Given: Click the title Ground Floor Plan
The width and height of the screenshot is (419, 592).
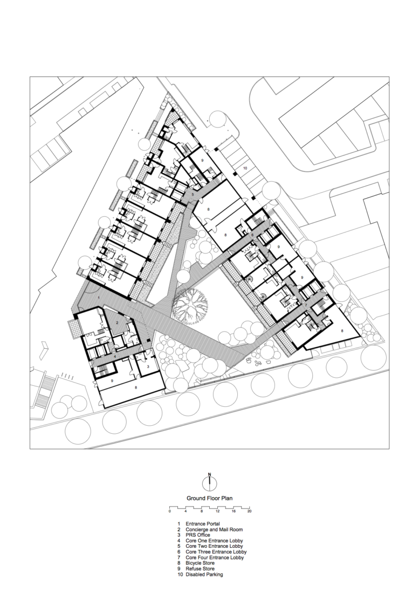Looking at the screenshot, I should tap(209, 499).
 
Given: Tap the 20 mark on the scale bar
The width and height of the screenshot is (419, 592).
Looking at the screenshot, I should tap(250, 511).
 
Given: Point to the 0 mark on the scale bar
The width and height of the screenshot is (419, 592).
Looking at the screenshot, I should tap(169, 511).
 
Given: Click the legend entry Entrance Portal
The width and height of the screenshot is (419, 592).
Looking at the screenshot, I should tap(203, 524).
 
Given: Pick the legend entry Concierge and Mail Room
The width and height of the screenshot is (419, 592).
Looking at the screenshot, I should tap(214, 530).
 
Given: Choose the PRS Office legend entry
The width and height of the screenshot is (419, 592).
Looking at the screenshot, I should tap(198, 535).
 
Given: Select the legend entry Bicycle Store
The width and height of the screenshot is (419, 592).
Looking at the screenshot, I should tap(200, 563).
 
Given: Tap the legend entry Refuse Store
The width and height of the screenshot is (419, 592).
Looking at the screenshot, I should tap(200, 569).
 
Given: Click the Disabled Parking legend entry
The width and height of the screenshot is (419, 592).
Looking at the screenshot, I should tap(204, 575).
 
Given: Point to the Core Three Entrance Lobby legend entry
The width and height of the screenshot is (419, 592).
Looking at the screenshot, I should tap(216, 552).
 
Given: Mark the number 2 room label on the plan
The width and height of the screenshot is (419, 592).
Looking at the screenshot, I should tap(118, 323).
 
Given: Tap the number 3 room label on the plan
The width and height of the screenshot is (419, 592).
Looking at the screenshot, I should tap(149, 366).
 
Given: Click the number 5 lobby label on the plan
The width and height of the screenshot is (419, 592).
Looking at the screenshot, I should tap(193, 194).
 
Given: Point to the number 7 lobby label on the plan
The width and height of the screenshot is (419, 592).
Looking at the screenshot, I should tap(305, 305).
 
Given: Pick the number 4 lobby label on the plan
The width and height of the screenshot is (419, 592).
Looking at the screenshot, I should tap(114, 356).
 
